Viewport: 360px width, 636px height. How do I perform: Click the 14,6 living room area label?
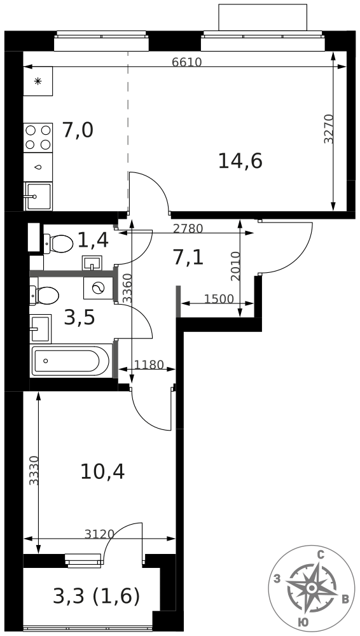tap(240, 161)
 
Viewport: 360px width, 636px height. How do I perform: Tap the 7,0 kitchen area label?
tap(78, 130)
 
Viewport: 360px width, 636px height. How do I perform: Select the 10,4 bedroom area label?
tap(102, 471)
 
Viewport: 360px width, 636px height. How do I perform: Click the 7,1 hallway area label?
tap(188, 257)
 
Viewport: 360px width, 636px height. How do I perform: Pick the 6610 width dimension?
tap(186, 62)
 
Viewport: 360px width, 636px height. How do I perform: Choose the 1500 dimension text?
tap(219, 300)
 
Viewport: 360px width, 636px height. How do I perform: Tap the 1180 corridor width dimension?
tap(149, 365)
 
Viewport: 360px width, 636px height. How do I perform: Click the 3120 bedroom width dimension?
tap(99, 534)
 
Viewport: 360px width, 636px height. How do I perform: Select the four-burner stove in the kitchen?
tap(38, 137)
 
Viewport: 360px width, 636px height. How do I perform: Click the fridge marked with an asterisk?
tap(38, 81)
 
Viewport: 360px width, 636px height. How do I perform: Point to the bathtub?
tap(71, 361)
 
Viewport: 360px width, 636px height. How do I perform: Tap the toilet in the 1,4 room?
tap(59, 243)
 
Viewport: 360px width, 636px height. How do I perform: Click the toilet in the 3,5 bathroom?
tap(45, 295)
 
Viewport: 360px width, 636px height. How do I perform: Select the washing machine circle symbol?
tap(98, 288)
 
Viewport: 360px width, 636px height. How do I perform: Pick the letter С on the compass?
tap(321, 555)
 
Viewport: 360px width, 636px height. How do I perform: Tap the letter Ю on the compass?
tap(303, 623)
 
